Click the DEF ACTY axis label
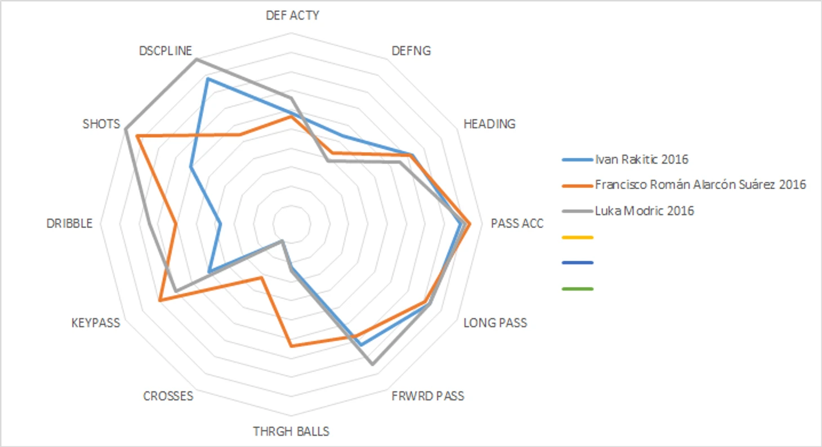[292, 15]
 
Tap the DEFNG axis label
[411, 51]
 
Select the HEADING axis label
[489, 124]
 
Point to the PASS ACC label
[517, 223]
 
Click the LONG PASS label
[495, 323]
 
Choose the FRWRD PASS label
[427, 396]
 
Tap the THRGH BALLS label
[291, 432]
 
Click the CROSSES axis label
[168, 396]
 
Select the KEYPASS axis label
[96, 323]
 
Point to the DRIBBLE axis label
[70, 223]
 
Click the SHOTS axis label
[101, 124]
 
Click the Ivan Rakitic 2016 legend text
[642, 159]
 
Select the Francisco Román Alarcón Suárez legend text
[701, 184]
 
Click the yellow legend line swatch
[578, 238]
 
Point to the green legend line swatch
[578, 289]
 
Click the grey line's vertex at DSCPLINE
[195, 59]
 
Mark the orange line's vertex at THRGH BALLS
[291, 346]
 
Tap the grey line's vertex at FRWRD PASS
[372, 364]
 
